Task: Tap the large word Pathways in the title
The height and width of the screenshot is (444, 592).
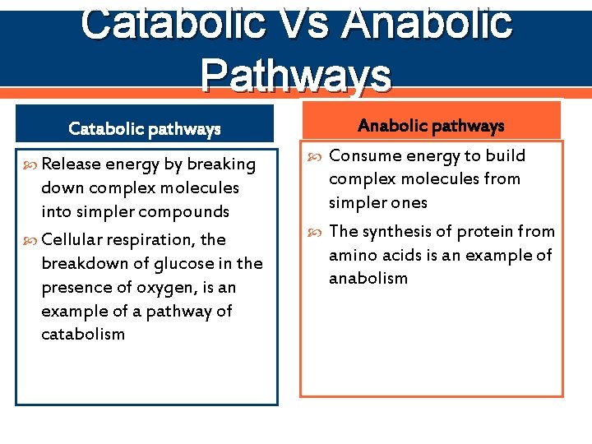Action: point(296,74)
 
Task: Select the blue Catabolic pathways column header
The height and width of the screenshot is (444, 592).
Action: point(145,128)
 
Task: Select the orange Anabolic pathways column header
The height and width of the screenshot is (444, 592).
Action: point(431,126)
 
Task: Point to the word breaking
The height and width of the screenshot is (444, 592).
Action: point(221,164)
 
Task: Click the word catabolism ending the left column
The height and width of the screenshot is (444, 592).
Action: point(83,334)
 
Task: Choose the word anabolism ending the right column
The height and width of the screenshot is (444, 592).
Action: point(368,278)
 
